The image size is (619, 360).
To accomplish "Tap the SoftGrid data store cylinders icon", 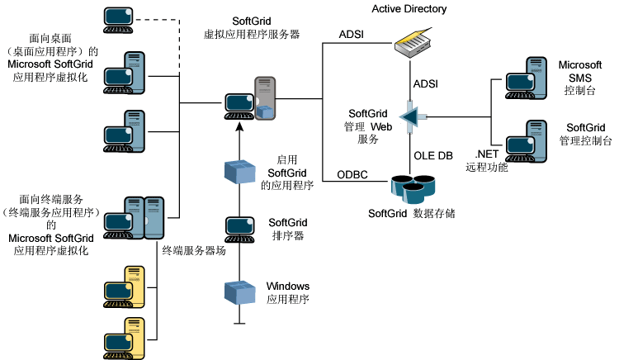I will [x=413, y=189].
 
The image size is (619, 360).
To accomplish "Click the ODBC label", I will [x=352, y=173].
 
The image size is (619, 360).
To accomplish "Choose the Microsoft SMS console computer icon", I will [x=525, y=77].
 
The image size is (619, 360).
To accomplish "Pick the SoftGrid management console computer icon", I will [x=525, y=140].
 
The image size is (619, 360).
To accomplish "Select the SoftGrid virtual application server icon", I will [x=252, y=100].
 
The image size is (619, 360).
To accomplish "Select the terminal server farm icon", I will [x=144, y=216].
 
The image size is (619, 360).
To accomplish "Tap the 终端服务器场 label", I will [x=194, y=250].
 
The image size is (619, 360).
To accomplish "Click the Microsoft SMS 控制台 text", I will [x=580, y=78].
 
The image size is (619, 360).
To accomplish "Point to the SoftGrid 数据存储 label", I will [x=412, y=213].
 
